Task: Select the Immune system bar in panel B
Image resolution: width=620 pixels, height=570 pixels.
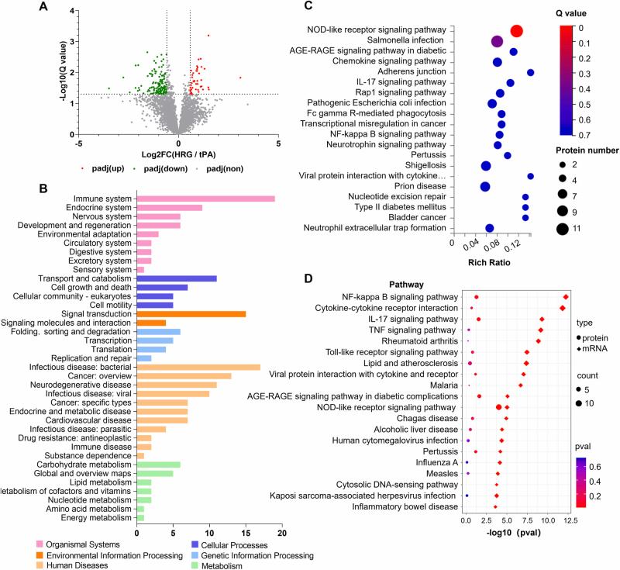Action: click(x=205, y=199)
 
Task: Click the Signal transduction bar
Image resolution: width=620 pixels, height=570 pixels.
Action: click(x=191, y=313)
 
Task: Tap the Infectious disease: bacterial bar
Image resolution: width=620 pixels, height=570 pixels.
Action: click(x=198, y=367)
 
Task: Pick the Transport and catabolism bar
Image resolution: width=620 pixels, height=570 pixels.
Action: click(x=176, y=278)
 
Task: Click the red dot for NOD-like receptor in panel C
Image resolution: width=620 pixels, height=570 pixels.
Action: click(x=516, y=30)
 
